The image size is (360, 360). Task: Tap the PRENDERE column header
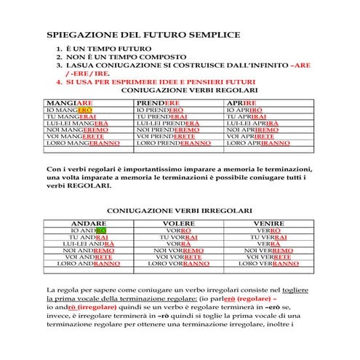159,103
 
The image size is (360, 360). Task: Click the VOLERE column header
179,223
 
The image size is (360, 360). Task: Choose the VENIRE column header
268,223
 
